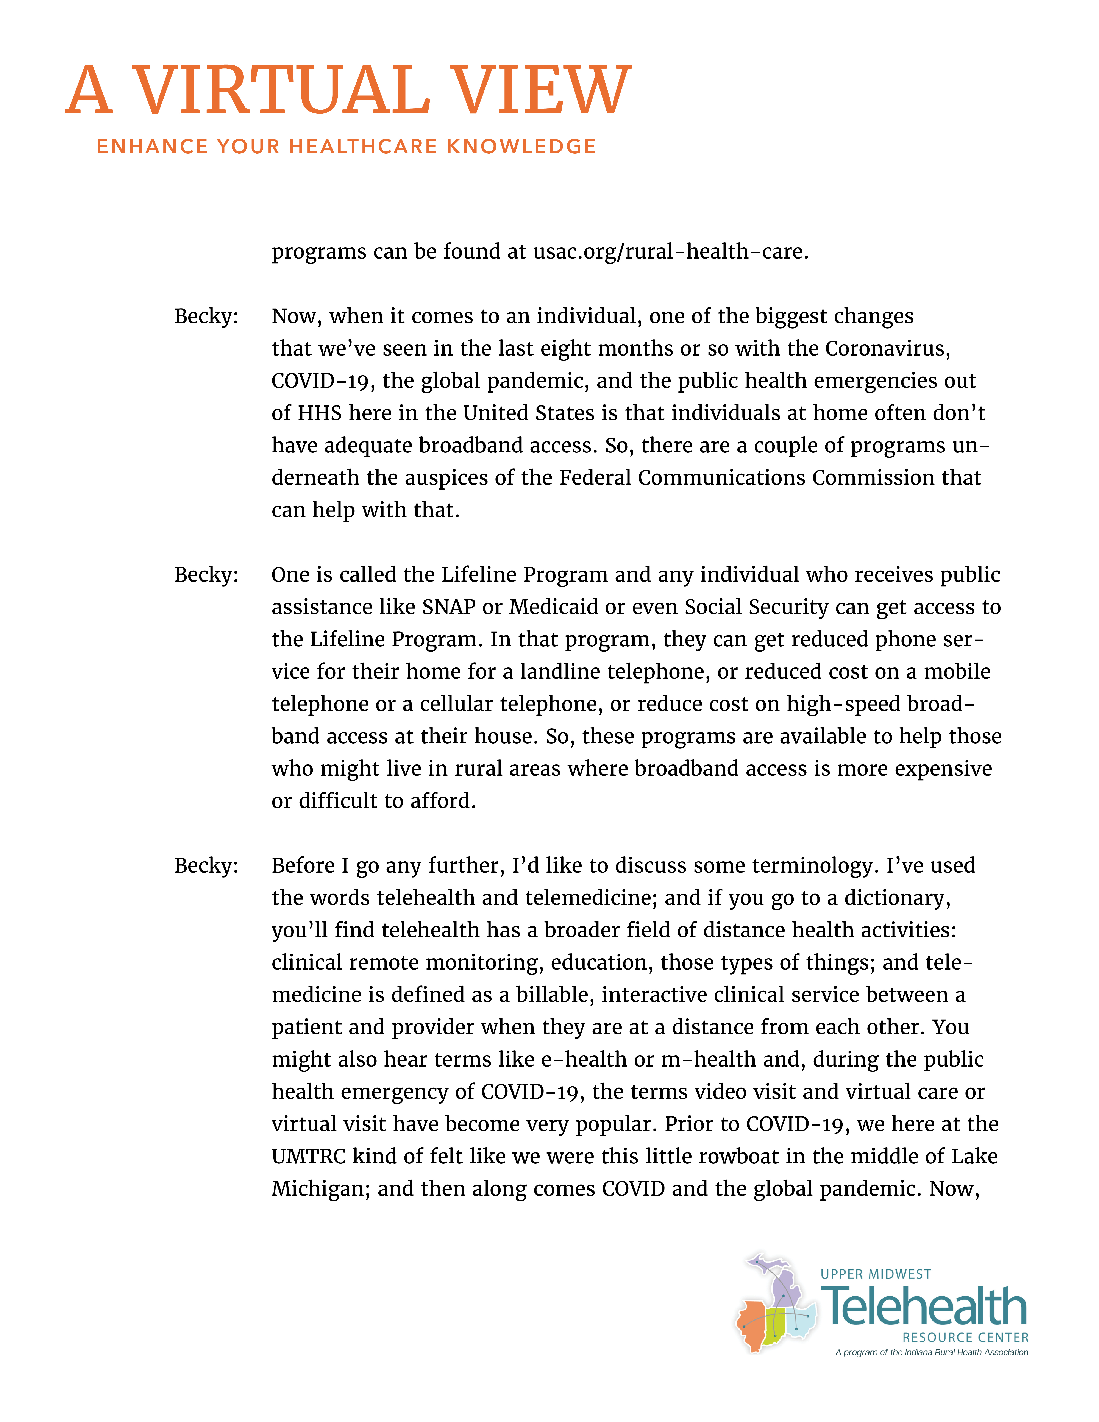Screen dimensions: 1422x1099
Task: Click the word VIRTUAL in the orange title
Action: pyautogui.click(x=281, y=91)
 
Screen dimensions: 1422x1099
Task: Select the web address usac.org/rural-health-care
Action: pyautogui.click(x=671, y=251)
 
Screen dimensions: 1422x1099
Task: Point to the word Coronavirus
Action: pyautogui.click(x=887, y=348)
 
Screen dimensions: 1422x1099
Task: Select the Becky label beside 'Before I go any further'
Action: pyautogui.click(x=206, y=865)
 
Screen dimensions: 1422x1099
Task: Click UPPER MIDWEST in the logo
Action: pyautogui.click(x=876, y=1274)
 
